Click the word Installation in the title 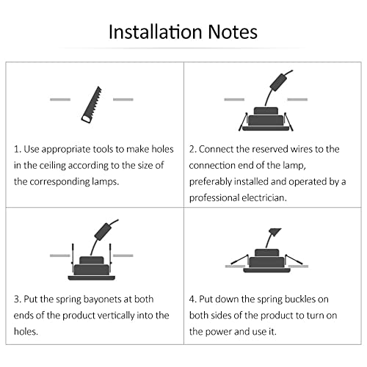[155, 32]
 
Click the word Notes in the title [233, 32]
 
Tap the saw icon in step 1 [92, 105]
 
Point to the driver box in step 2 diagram [278, 82]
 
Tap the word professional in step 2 [214, 198]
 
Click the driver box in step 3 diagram [103, 231]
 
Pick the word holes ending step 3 [26, 332]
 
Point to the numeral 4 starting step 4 [192, 299]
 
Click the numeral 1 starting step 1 [17, 149]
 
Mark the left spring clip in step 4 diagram [239, 260]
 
